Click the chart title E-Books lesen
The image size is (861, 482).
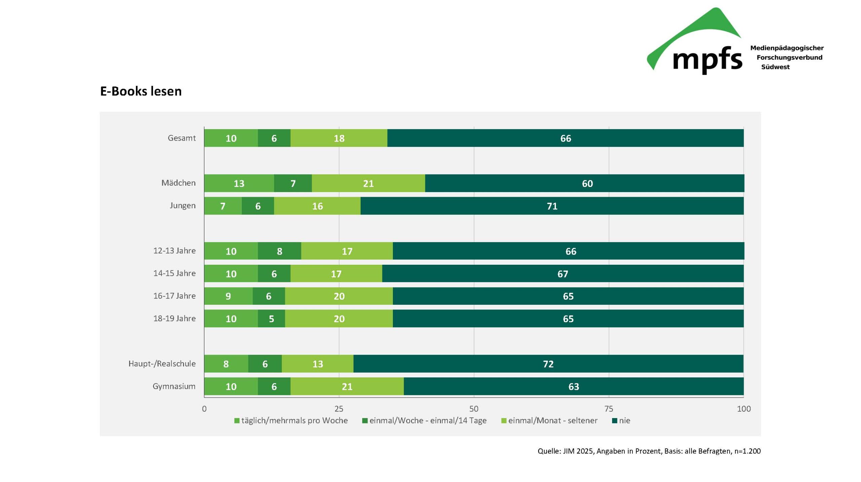[141, 91]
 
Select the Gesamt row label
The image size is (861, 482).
[182, 138]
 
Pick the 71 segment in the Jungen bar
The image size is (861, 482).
[552, 206]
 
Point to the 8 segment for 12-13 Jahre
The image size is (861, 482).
[279, 251]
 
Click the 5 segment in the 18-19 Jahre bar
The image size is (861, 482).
[271, 319]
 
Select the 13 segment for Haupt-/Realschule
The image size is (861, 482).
[317, 364]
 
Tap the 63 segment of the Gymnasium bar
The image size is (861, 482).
[573, 386]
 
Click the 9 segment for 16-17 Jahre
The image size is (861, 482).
[228, 296]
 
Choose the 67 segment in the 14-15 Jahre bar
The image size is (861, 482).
[563, 273]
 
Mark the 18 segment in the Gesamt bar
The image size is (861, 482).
[339, 138]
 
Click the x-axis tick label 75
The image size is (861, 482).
[609, 409]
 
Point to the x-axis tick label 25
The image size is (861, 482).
[339, 409]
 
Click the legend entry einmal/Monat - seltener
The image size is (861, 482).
[553, 420]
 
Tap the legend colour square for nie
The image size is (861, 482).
[614, 420]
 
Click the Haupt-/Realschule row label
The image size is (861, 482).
[162, 364]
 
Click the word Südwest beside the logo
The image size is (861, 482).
[775, 67]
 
